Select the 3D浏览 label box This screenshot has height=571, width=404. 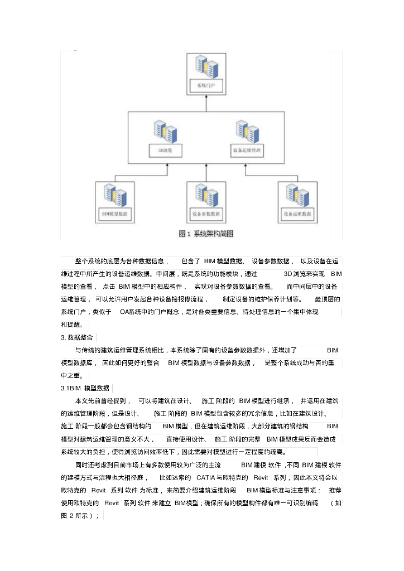point(165,150)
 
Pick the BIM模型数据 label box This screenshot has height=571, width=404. point(115,214)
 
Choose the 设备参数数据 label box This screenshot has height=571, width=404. point(206,214)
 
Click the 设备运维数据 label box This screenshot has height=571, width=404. point(297,214)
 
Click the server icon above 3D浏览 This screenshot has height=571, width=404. point(165,132)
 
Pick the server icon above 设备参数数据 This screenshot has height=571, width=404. point(206,195)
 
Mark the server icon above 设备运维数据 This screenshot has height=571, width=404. point(297,195)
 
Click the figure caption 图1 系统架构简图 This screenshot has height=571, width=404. point(205,234)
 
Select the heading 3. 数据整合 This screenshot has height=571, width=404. point(78,337)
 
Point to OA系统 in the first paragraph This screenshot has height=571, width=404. point(133,312)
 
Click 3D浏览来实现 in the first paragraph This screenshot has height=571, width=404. point(304,274)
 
